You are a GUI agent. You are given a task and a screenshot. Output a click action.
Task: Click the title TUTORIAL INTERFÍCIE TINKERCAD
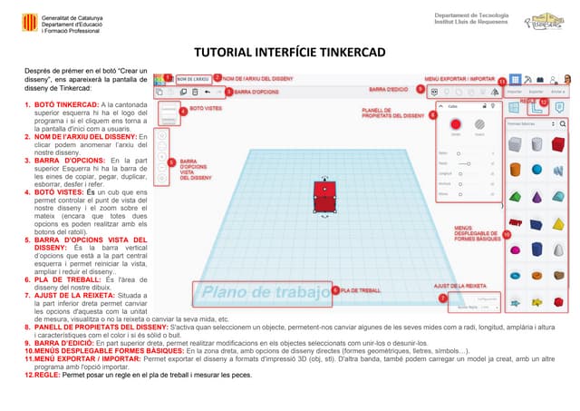(x=289, y=52)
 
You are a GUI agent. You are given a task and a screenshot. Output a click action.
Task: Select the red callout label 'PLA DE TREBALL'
(x=361, y=290)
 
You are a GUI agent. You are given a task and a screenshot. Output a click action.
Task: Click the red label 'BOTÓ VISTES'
(x=208, y=108)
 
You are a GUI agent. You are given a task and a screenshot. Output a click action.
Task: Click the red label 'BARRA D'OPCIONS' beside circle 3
(x=257, y=93)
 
